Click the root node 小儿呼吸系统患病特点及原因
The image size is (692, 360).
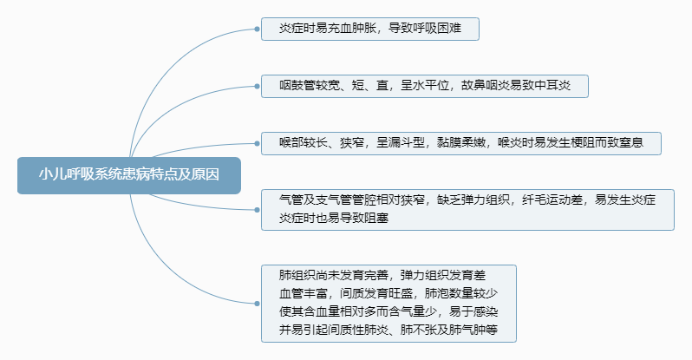128,173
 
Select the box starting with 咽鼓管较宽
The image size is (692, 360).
425,86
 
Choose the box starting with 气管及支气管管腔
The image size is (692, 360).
467,209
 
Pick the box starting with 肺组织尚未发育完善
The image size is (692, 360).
388,304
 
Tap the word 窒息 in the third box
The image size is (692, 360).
625,142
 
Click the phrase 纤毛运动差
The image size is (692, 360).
547,200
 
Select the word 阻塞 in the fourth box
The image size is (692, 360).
375,219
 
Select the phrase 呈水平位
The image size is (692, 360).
426,86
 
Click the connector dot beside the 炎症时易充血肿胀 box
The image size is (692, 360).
258,29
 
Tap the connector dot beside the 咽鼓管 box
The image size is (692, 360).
258,86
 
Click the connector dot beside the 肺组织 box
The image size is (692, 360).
258,304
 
